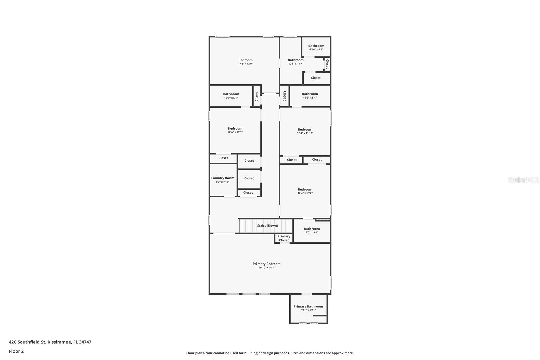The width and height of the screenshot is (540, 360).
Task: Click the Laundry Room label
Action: [x=222, y=178]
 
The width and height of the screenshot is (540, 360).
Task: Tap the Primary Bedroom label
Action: [x=267, y=264]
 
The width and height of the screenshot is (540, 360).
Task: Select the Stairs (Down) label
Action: [x=267, y=226]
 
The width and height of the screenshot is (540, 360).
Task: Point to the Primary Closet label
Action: [x=284, y=238]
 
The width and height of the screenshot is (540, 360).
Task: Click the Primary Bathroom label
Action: [x=308, y=306]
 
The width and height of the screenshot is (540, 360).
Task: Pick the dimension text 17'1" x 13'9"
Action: [x=245, y=64]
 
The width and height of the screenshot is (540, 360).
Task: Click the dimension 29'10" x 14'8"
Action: [x=267, y=268]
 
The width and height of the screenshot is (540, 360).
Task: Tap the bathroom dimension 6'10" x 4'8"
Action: [x=316, y=49]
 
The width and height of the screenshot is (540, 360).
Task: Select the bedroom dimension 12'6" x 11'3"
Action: [x=235, y=132]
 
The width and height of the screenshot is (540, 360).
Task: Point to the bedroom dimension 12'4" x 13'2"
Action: [x=305, y=193]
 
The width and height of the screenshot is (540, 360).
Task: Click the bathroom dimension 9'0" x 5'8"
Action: [x=312, y=232]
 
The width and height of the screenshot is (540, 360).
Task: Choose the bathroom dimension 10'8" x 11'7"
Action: [x=296, y=64]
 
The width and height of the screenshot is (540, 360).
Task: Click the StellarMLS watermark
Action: [x=523, y=180]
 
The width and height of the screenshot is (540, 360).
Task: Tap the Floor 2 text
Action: [x=16, y=351]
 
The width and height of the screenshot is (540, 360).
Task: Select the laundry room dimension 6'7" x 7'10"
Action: [x=222, y=182]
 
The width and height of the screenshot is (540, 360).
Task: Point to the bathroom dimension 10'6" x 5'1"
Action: [x=231, y=98]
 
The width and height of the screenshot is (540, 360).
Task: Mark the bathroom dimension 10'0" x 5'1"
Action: [x=310, y=98]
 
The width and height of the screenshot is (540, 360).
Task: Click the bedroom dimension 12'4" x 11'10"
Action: [x=305, y=133]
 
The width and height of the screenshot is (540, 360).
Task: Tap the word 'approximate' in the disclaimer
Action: [x=342, y=353]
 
